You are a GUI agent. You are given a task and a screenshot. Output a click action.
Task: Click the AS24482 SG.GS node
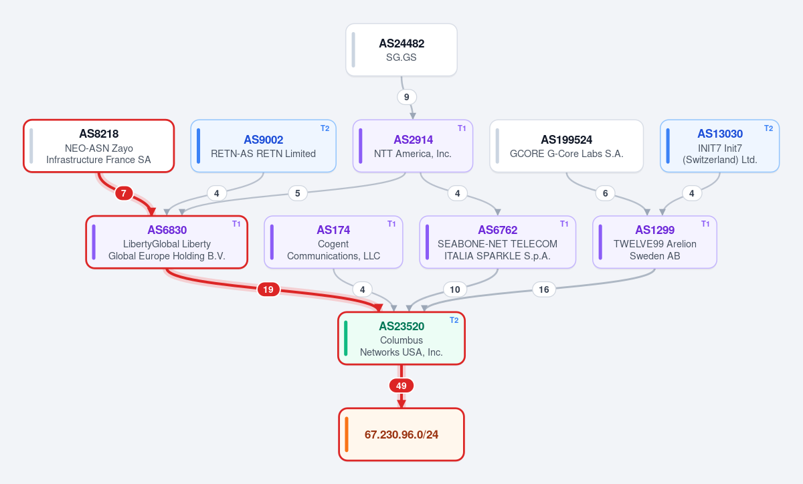tap(401, 49)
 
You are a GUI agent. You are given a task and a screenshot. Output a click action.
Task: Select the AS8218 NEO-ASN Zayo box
tap(99, 146)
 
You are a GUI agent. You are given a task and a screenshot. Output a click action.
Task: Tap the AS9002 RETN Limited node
tap(263, 146)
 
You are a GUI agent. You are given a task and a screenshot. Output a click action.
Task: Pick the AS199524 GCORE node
tap(566, 146)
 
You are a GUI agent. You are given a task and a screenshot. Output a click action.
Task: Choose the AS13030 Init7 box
tap(719, 146)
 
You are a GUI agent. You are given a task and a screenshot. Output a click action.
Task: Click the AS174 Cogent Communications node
tap(333, 242)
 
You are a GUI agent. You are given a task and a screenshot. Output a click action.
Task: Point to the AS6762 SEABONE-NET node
tap(498, 242)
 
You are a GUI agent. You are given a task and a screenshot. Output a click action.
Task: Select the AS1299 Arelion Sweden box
tap(654, 242)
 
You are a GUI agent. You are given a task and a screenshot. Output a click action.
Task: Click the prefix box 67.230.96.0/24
tap(401, 435)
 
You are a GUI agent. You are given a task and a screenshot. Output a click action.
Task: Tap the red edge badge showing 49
tap(401, 386)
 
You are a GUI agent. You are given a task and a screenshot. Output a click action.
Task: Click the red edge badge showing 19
tap(268, 289)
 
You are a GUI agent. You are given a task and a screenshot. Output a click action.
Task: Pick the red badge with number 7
tap(124, 193)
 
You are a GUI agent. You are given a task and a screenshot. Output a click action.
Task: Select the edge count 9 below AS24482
tap(407, 97)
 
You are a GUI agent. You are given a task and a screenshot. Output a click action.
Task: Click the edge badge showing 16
tap(544, 289)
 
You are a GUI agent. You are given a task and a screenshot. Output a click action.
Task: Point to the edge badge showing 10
tap(455, 289)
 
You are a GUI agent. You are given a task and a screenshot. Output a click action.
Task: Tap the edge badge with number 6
tap(605, 193)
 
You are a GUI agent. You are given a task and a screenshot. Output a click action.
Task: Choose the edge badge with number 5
tap(298, 193)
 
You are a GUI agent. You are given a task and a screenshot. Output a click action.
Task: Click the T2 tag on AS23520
tap(454, 320)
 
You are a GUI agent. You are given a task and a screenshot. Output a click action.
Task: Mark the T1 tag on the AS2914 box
tap(462, 128)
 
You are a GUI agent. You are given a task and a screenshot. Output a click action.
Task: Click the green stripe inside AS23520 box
tap(345, 338)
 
